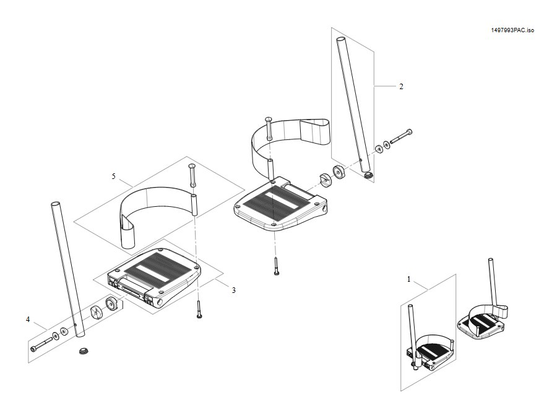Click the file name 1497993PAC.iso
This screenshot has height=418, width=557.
(512, 30)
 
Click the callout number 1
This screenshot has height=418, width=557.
(408, 279)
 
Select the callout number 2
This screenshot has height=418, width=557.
(402, 86)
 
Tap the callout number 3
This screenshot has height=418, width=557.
(234, 290)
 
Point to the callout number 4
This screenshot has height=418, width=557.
(28, 320)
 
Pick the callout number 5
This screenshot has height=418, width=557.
(114, 176)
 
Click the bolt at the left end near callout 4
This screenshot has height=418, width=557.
(41, 344)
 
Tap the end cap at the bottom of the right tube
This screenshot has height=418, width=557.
(369, 175)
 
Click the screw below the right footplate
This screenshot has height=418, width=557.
(276, 266)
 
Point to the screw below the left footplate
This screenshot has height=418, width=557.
(198, 309)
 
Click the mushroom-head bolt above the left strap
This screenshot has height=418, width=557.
(192, 175)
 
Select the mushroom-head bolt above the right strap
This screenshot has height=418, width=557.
(269, 129)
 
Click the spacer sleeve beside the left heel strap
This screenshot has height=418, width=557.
(194, 204)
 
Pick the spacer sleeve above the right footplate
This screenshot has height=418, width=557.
(270, 170)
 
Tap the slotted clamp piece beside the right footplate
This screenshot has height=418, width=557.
(325, 179)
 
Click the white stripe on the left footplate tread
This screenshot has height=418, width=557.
(149, 272)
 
